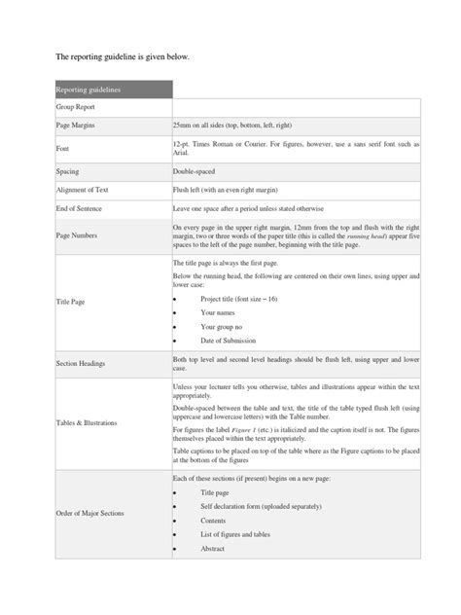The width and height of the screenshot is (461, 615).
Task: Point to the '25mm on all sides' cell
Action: click(x=231, y=127)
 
